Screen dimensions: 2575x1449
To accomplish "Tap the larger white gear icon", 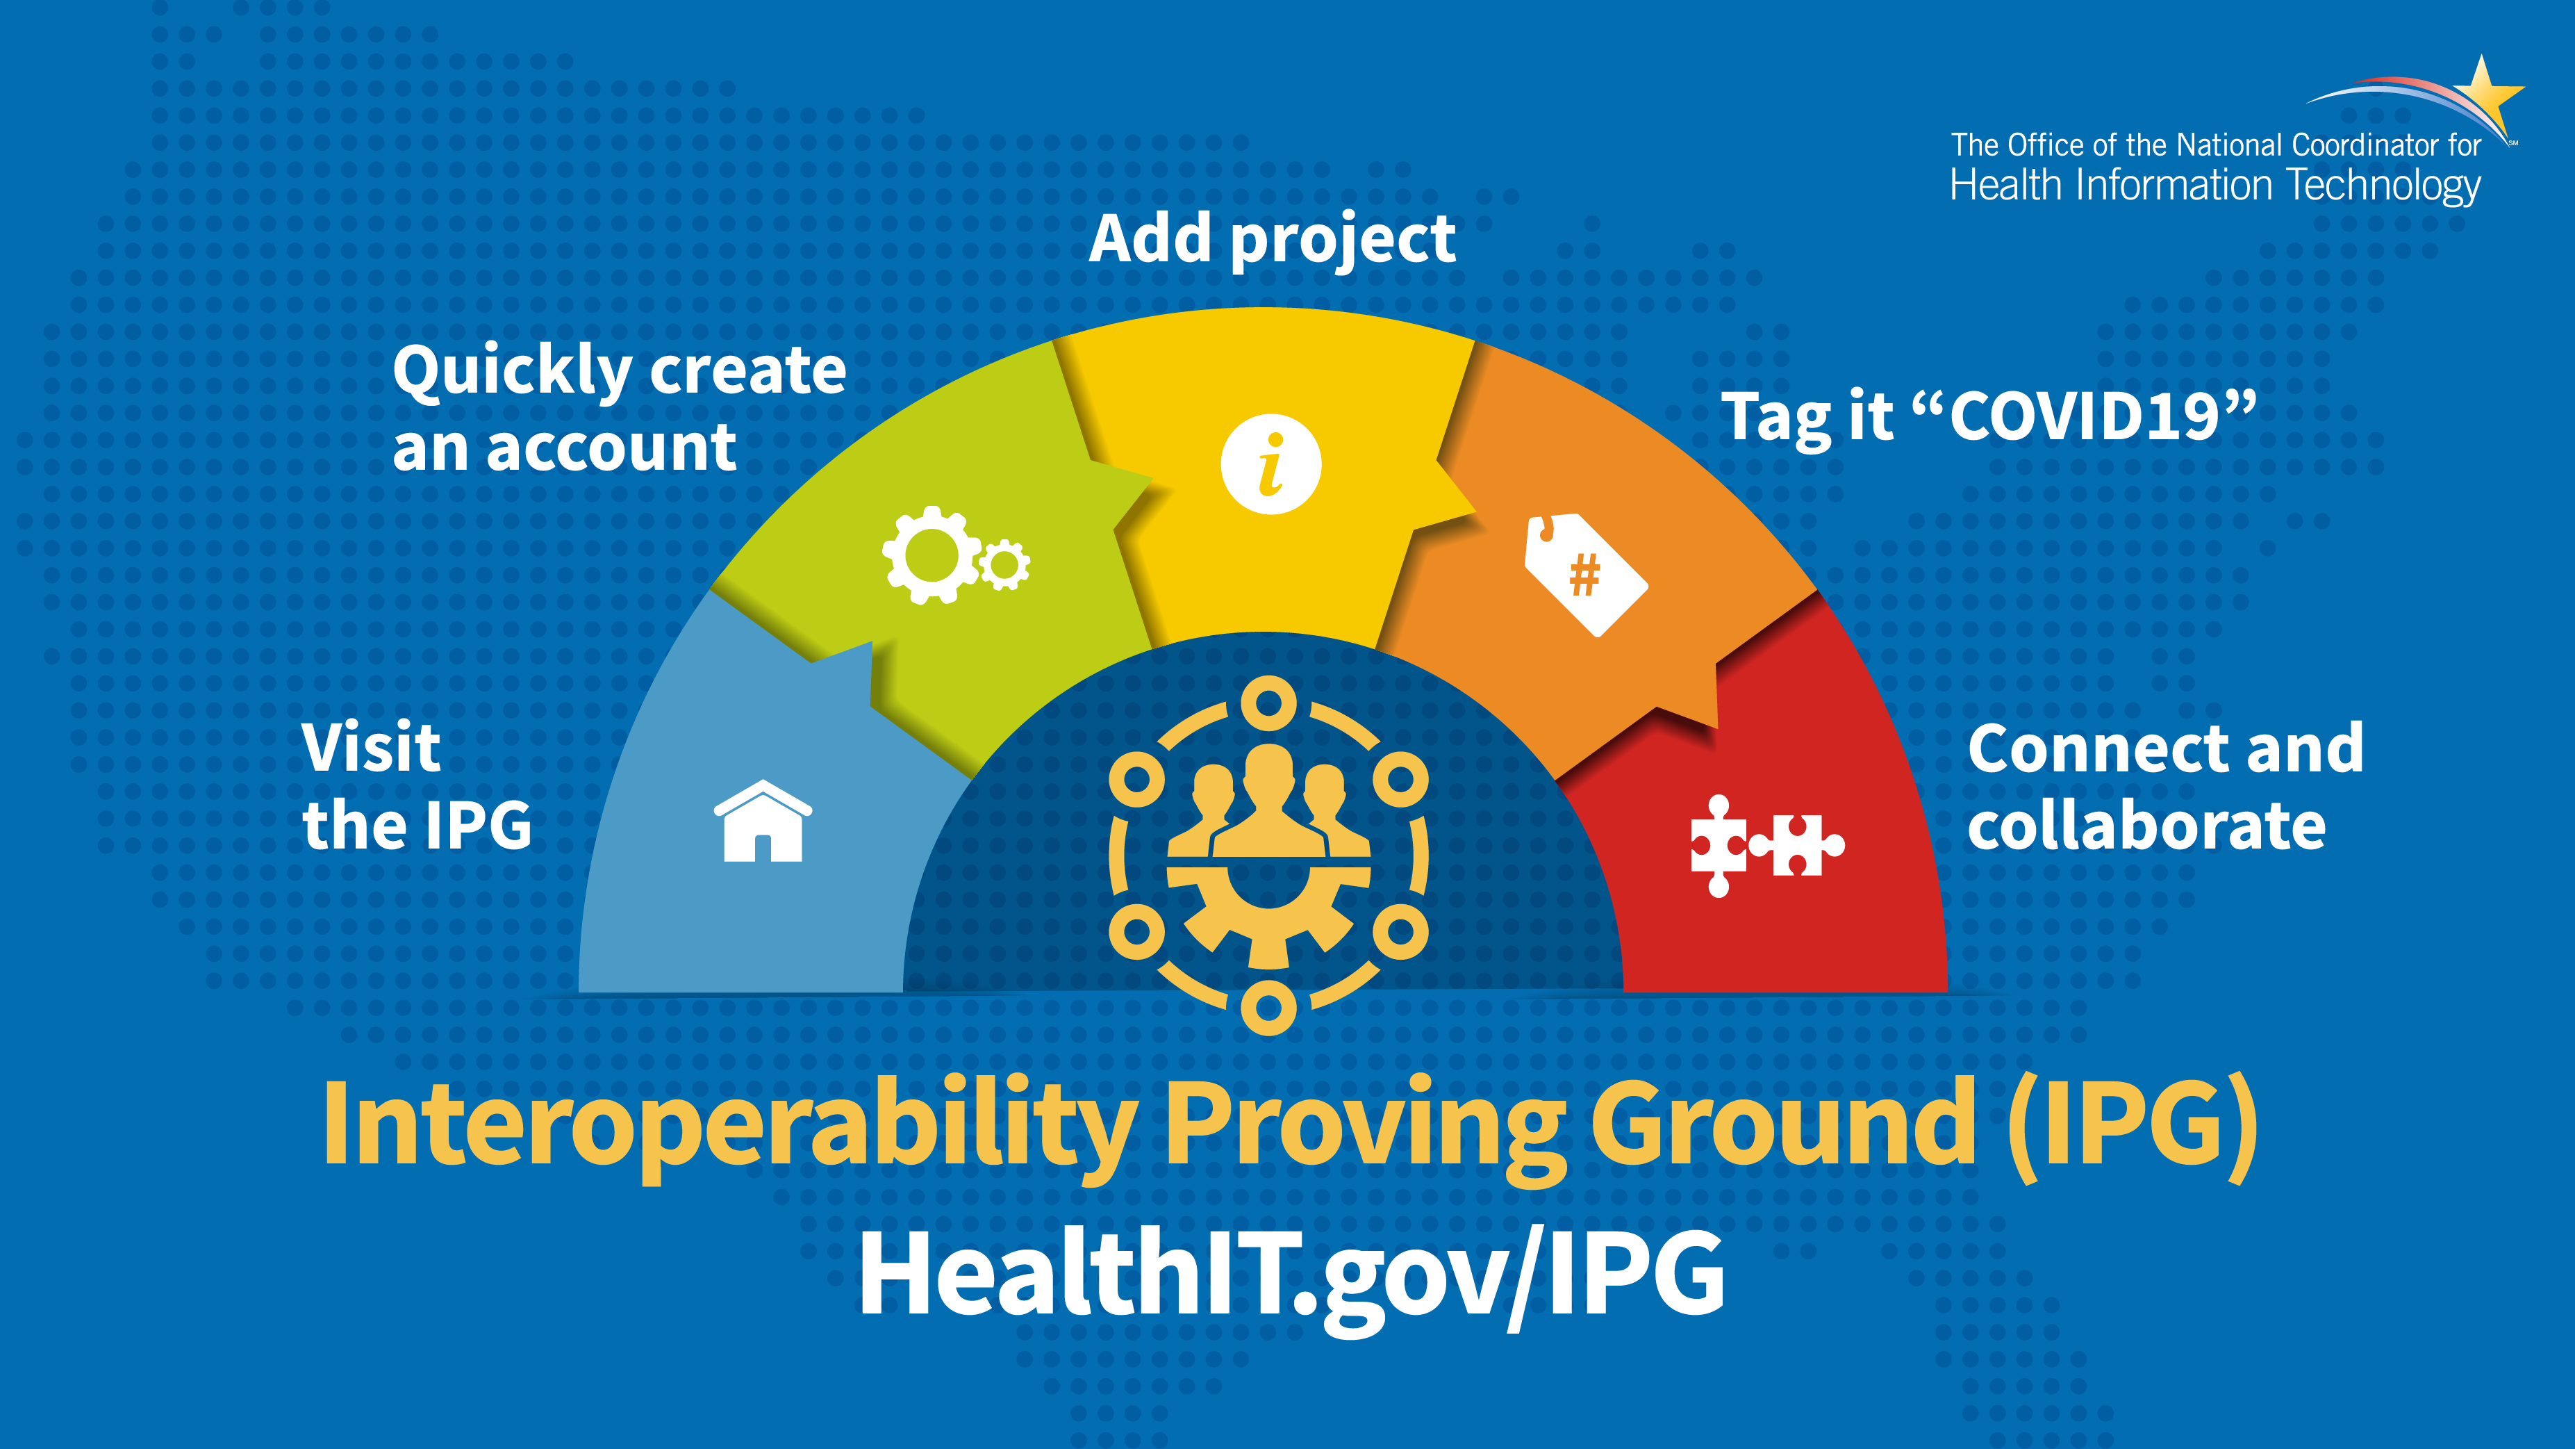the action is pyautogui.click(x=932, y=555).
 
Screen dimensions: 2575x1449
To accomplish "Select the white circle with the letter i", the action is pyautogui.click(x=1270, y=464).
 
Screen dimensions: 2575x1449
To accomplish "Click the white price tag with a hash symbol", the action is pyautogui.click(x=1584, y=574).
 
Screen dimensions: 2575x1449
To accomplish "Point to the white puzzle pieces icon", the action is pyautogui.click(x=1766, y=846).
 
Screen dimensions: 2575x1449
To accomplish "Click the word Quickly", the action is pyautogui.click(x=510, y=371).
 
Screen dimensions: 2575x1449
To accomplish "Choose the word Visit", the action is pyautogui.click(x=371, y=747).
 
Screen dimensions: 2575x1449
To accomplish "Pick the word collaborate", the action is pyautogui.click(x=2146, y=826).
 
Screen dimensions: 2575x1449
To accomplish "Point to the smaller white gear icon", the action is pyautogui.click(x=1004, y=565).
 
